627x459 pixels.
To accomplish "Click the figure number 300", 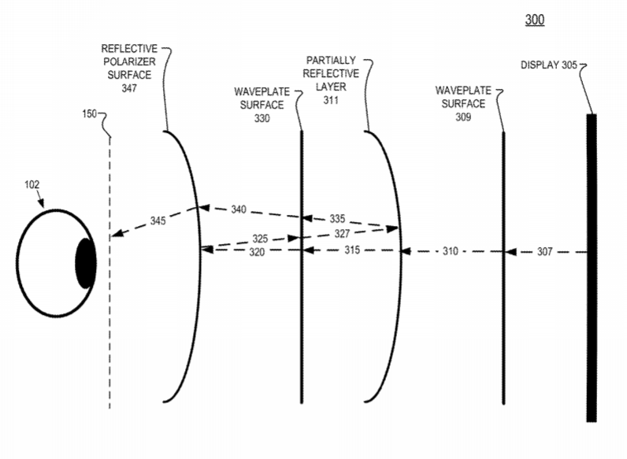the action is [535, 20].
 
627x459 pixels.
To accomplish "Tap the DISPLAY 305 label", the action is [548, 65].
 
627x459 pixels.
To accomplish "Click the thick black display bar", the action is [592, 268].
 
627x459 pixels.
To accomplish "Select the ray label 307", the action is [544, 251].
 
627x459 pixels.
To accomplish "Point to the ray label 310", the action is [451, 251].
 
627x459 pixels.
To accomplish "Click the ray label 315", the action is [352, 250].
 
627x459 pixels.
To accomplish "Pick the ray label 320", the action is [257, 252].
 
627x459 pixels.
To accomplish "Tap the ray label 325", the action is [260, 239].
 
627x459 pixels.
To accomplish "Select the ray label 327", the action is [342, 234].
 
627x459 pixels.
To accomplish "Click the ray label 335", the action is [337, 219].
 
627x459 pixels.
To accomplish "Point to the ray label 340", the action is [239, 209].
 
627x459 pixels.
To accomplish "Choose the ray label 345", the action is [158, 220].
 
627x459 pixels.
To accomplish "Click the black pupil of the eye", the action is [86, 264].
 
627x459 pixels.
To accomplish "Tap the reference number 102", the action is [32, 184].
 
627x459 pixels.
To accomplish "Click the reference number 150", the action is [90, 114].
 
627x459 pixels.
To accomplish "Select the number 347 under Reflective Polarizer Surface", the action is [129, 88].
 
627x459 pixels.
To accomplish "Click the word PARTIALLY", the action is [331, 61].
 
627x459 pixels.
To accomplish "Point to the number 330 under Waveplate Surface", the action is [262, 118].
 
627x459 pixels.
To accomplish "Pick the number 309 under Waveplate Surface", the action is [463, 117].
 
